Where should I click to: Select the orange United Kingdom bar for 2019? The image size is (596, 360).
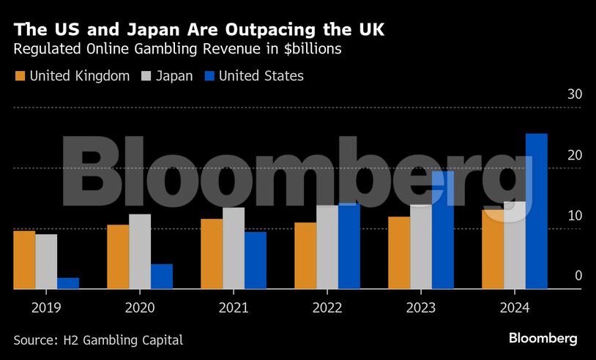pos(24,260)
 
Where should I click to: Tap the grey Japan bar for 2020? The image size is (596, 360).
pos(140,252)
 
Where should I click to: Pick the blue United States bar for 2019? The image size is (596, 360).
pos(68,283)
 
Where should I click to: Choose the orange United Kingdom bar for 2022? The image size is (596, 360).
pos(305,255)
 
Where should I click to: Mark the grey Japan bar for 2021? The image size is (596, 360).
pos(234,248)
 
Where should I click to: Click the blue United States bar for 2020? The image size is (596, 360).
pos(162,277)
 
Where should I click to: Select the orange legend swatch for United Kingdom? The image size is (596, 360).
pos(20,75)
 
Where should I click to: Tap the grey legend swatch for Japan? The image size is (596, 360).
pos(145,75)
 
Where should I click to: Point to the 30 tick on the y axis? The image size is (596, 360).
pos(574,94)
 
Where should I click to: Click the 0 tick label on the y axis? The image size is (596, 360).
pos(578,276)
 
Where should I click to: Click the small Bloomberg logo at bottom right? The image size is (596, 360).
pos(543,338)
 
